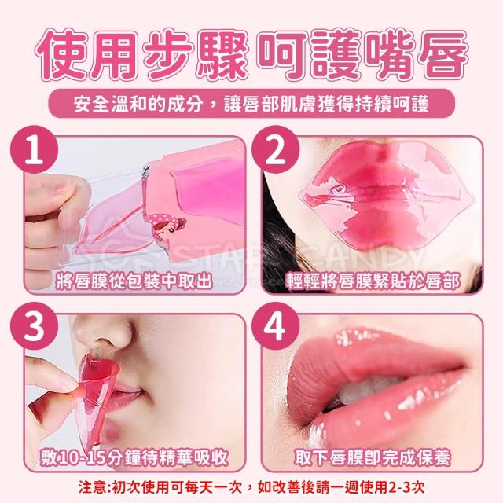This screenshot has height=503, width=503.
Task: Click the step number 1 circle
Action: [x=35, y=149]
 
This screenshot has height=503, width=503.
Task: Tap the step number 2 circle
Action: [x=275, y=149]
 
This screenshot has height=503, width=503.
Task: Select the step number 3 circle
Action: [x=35, y=326]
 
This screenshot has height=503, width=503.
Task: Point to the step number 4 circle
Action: [x=275, y=326]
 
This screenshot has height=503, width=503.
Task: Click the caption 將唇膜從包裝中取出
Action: [x=134, y=281]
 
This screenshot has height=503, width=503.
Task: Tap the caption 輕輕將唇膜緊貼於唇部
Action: [x=373, y=281]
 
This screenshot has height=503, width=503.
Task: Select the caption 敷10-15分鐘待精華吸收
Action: [x=134, y=457]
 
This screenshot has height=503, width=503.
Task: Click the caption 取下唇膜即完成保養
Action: [x=373, y=457]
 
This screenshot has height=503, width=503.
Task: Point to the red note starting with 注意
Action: [x=251, y=487]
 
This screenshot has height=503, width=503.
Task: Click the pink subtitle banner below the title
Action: [x=251, y=103]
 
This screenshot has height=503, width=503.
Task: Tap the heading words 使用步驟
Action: [x=141, y=55]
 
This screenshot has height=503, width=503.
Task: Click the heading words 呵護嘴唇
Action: [x=362, y=55]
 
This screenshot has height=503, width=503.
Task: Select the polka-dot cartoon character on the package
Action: [x=167, y=225]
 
